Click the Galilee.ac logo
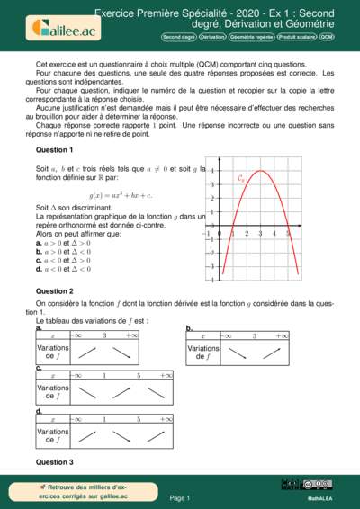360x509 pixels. point(56,27)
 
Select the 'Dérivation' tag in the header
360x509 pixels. point(212,38)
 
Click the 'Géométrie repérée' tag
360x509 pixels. point(252,38)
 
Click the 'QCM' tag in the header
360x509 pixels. point(326,38)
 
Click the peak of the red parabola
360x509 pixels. point(260,171)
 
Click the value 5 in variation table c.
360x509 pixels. point(138,376)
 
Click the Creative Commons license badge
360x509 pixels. point(318,485)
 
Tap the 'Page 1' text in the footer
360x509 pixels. point(180,497)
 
